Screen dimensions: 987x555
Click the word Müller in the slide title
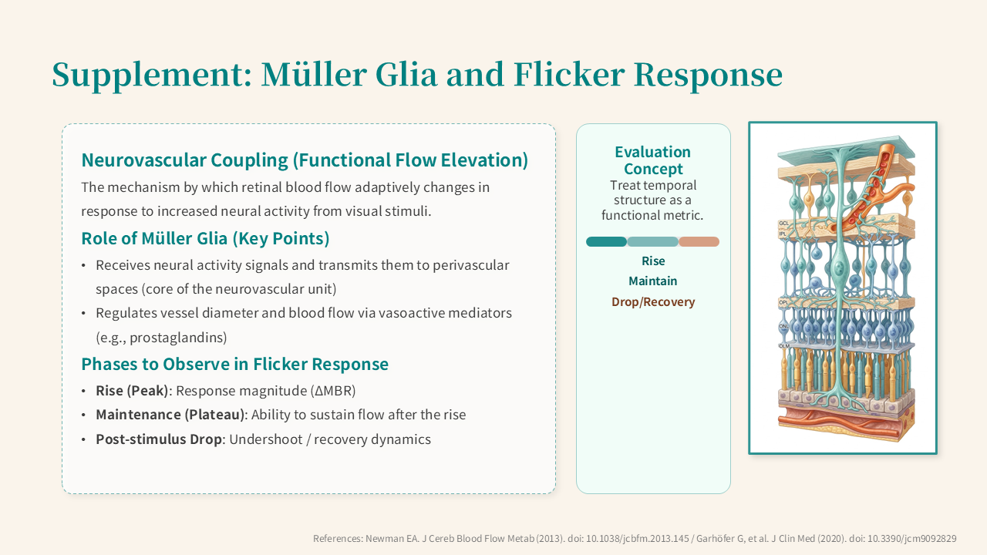point(314,74)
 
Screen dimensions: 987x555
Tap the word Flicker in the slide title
point(569,74)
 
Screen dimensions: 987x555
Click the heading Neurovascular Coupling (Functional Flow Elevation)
point(305,160)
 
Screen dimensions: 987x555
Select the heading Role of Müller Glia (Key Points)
point(205,239)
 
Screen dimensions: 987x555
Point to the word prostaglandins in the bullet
point(177,338)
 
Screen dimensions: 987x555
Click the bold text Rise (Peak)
point(132,391)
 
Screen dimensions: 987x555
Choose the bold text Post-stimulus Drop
point(159,439)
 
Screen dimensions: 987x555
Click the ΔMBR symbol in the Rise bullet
point(332,391)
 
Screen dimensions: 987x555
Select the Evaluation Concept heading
point(653,160)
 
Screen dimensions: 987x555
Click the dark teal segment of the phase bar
point(606,241)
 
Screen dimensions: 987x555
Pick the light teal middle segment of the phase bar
point(652,241)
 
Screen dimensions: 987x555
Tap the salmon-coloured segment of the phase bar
point(699,241)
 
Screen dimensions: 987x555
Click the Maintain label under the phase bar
point(652,281)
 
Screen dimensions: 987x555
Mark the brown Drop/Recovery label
point(653,301)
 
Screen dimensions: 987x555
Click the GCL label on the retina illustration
point(783,224)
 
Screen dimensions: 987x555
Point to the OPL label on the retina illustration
point(783,303)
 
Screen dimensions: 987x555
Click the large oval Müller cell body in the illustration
point(840,267)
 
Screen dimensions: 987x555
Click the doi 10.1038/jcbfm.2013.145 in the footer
point(637,538)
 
